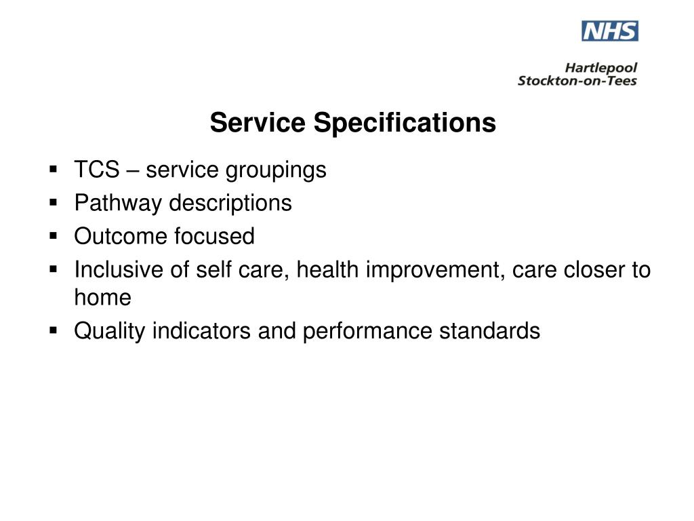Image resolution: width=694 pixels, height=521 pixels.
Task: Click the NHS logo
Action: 609,31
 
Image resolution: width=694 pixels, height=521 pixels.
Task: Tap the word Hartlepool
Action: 601,68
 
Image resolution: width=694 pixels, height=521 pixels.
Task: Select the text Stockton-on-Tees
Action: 577,81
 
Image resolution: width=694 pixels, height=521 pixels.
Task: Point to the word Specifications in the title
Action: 405,123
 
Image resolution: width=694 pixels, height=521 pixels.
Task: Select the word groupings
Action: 276,170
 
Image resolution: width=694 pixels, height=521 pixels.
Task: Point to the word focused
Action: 215,236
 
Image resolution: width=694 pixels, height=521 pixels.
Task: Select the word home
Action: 102,297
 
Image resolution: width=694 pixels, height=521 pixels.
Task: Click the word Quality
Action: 110,331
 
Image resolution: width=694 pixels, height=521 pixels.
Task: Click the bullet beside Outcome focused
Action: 54,236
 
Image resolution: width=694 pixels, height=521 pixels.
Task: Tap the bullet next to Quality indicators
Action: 54,331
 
